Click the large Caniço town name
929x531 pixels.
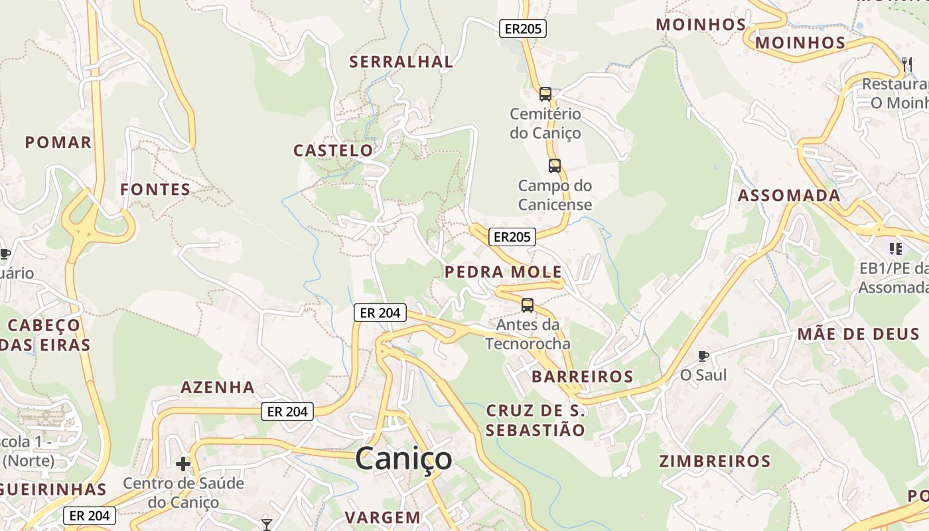(x=403, y=459)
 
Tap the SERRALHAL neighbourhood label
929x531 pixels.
(x=401, y=62)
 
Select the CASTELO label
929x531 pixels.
(x=333, y=151)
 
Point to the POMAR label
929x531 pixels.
(x=58, y=142)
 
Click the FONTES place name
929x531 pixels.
(x=155, y=190)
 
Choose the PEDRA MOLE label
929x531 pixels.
(x=503, y=272)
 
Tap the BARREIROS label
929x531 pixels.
(x=582, y=377)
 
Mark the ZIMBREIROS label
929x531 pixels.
(x=715, y=461)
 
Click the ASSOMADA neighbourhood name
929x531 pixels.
(x=789, y=196)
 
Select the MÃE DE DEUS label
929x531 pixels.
(x=858, y=334)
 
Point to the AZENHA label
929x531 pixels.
(x=218, y=387)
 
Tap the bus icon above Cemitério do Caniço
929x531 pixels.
(x=545, y=94)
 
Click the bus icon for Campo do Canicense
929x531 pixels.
(x=555, y=166)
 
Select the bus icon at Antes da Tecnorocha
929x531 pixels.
(x=528, y=305)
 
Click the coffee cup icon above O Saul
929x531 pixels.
(x=703, y=356)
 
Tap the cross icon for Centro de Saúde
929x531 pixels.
(x=183, y=464)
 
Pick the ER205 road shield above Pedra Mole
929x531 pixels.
(x=512, y=236)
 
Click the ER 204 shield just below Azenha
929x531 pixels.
(x=287, y=412)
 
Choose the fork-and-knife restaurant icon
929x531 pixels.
(x=906, y=64)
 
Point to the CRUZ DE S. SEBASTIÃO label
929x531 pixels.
(x=535, y=420)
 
